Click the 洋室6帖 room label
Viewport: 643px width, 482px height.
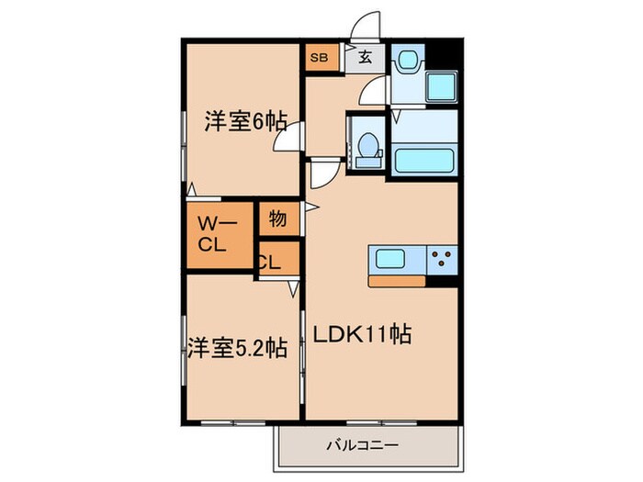tap(246, 120)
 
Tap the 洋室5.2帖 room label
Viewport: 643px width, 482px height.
tap(238, 348)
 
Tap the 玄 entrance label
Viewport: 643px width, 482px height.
tap(365, 58)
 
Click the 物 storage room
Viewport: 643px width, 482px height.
tap(278, 219)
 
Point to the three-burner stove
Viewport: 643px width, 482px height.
tap(442, 257)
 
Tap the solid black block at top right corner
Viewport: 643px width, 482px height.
tap(446, 54)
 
